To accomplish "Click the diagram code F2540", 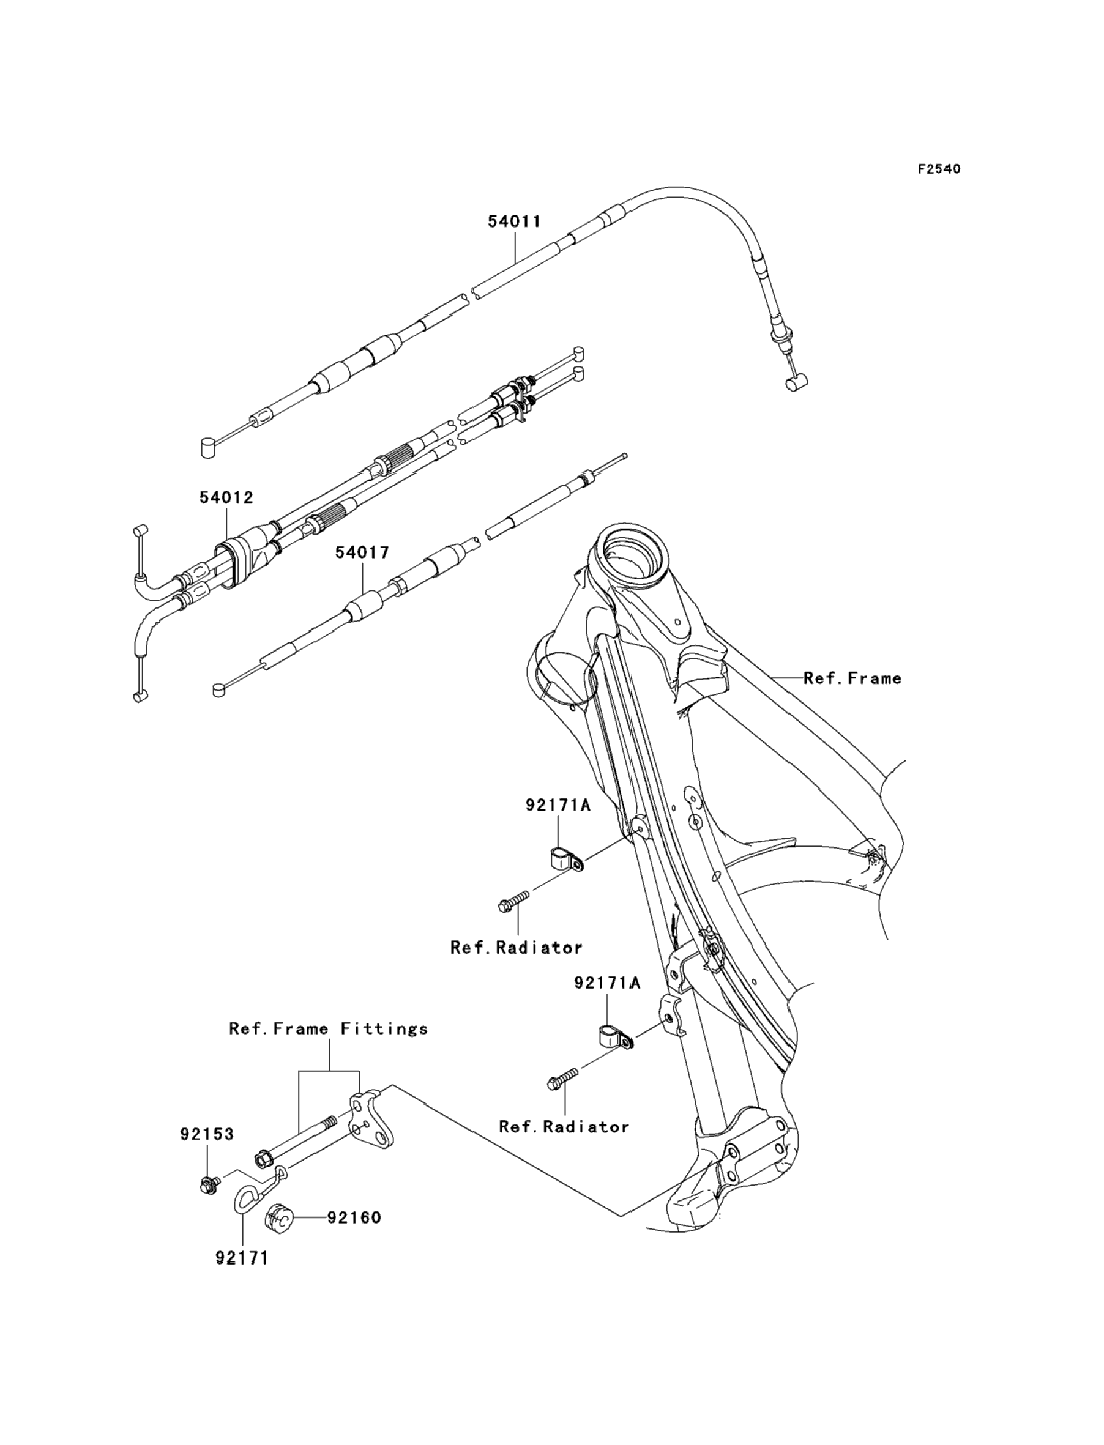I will (x=939, y=169).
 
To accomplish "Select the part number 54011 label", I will (x=515, y=221).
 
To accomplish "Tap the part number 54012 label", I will (x=226, y=497).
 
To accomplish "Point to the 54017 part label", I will (x=362, y=552).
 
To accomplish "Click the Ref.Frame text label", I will (x=852, y=678).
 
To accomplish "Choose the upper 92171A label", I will (x=558, y=804).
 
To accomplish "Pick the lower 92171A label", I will (x=607, y=1001).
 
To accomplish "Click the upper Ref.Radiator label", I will (x=517, y=948).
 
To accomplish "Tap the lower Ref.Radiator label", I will (x=564, y=1145).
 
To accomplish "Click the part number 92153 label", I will (x=207, y=1134).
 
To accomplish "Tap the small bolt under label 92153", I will (x=209, y=1185).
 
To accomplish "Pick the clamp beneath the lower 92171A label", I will (x=614, y=1038).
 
